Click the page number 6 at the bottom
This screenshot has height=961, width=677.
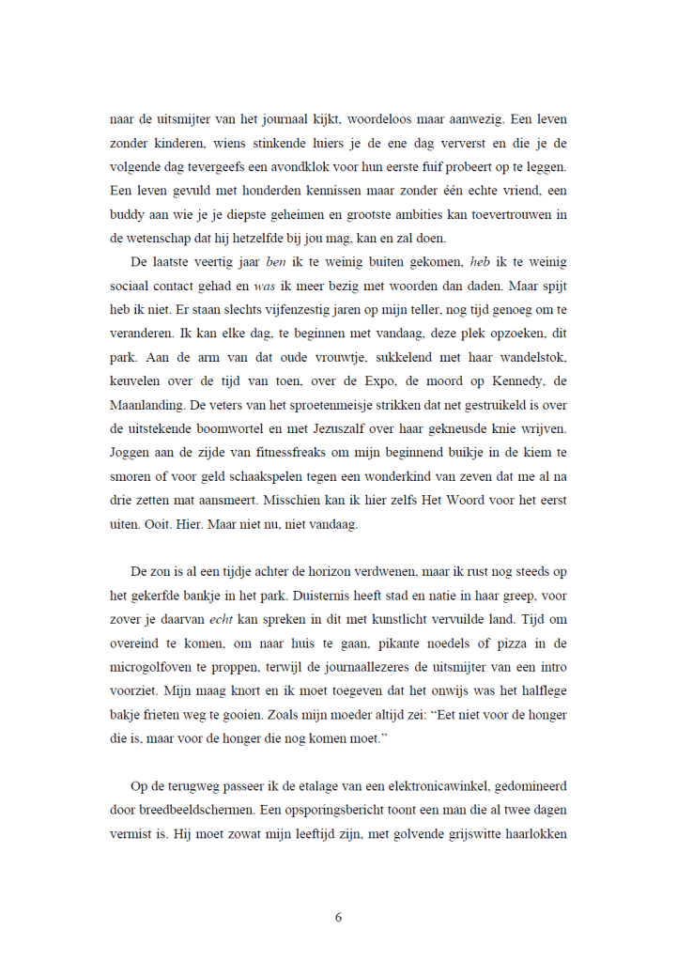(x=338, y=917)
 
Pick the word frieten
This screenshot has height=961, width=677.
(x=175, y=714)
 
